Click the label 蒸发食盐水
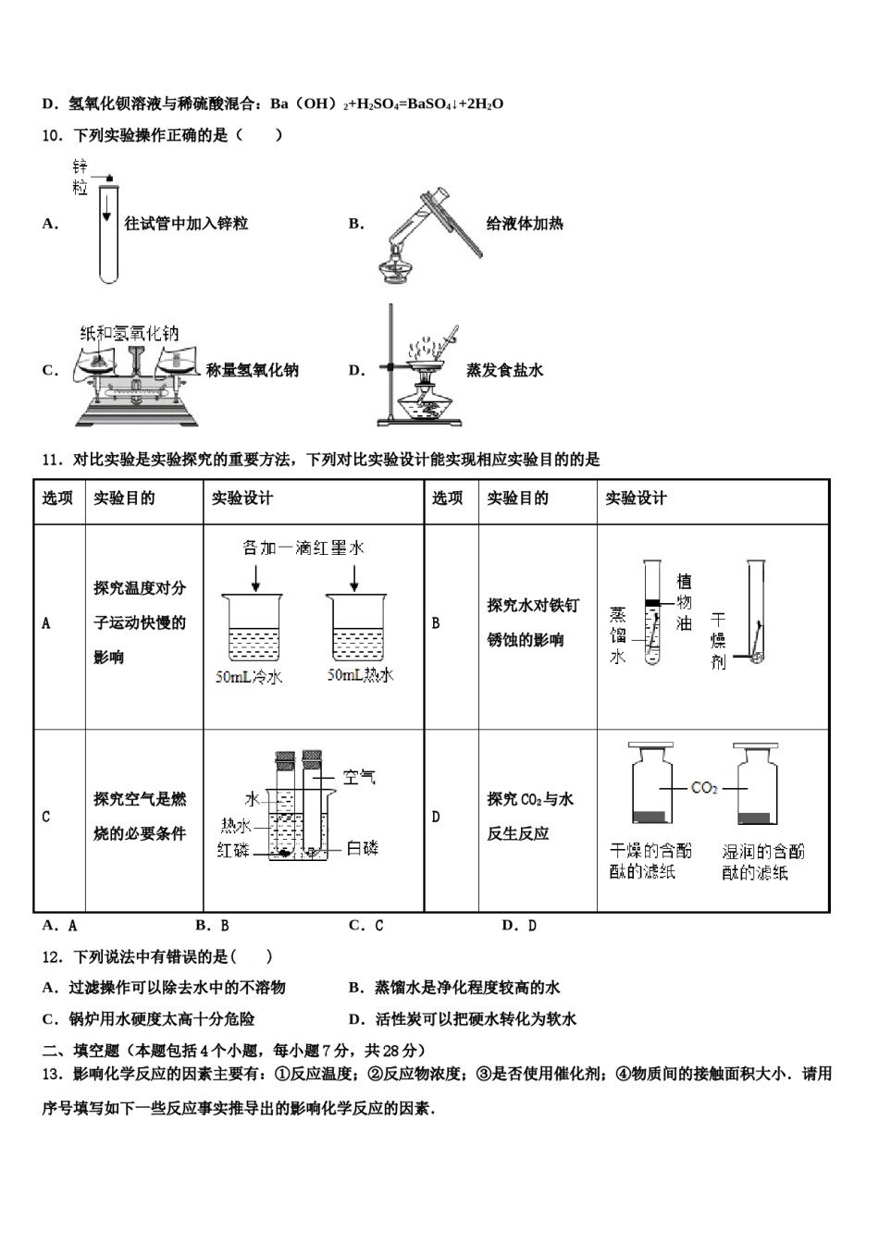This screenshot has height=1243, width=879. pyautogui.click(x=504, y=371)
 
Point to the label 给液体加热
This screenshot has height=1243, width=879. pyautogui.click(x=525, y=224)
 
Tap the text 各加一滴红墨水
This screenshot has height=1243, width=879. pyautogui.click(x=303, y=548)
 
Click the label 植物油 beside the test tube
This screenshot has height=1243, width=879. pyautogui.click(x=684, y=602)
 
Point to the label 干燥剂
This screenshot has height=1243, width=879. pyautogui.click(x=718, y=640)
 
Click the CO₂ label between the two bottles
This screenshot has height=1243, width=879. pyautogui.click(x=704, y=788)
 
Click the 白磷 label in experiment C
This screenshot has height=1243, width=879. pyautogui.click(x=362, y=847)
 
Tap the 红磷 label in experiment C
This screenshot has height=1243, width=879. pyautogui.click(x=233, y=849)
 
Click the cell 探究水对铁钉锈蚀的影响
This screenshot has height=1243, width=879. pyautogui.click(x=532, y=622)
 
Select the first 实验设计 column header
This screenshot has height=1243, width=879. pyautogui.click(x=242, y=498)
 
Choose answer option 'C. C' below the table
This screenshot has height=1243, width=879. pyautogui.click(x=365, y=925)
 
